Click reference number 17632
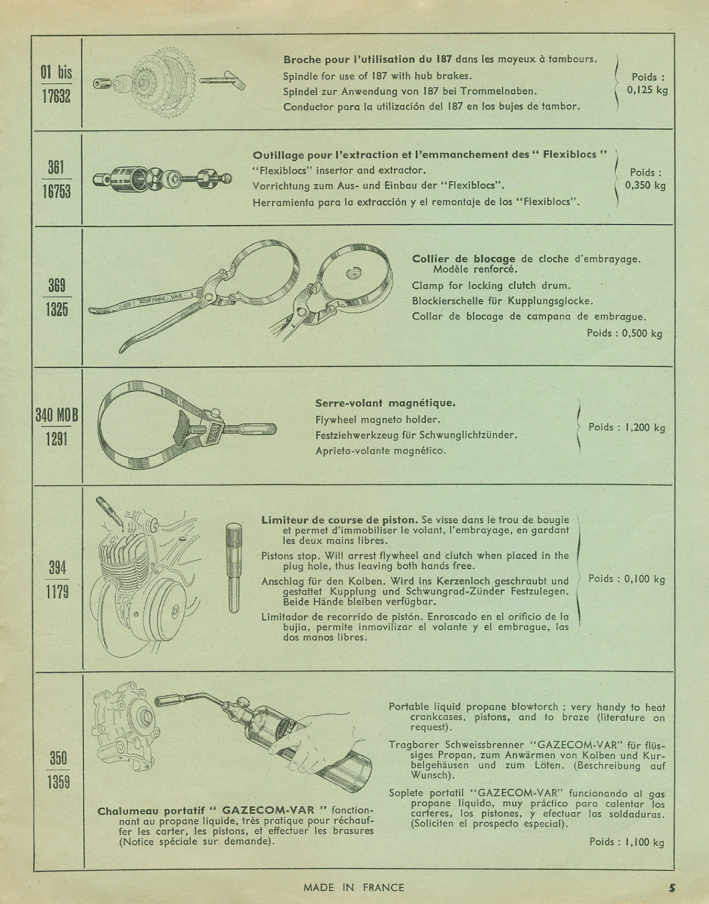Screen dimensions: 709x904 [56, 96]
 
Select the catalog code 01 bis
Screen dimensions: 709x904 [56, 72]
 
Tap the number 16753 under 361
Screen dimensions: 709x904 [56, 192]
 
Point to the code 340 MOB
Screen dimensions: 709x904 [57, 415]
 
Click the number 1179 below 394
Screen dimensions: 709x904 [57, 592]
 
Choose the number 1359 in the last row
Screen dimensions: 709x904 [58, 782]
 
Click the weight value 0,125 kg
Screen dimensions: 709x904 [648, 90]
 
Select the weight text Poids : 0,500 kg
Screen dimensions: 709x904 [624, 333]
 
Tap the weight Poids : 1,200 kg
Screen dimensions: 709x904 [626, 427]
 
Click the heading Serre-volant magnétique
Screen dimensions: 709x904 [385, 403]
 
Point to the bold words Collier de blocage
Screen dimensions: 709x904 [464, 259]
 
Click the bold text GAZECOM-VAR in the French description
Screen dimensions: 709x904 [268, 811]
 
